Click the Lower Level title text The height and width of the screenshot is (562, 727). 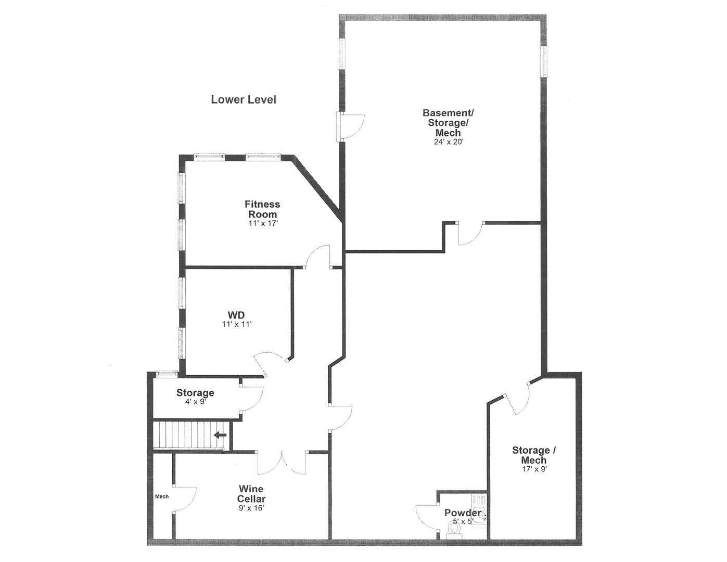coord(244,99)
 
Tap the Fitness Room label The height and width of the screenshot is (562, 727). coord(262,209)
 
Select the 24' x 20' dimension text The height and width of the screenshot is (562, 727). coord(448,142)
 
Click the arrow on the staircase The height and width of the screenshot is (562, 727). coord(221,435)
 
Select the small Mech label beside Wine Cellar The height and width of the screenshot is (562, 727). coord(162,496)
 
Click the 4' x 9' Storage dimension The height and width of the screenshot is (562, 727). coord(195,401)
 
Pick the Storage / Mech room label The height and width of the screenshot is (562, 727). coord(531,455)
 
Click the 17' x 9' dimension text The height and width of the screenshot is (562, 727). coord(531,468)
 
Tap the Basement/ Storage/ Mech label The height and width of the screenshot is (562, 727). coord(448,122)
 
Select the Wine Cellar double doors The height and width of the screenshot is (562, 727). coord(283,462)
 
